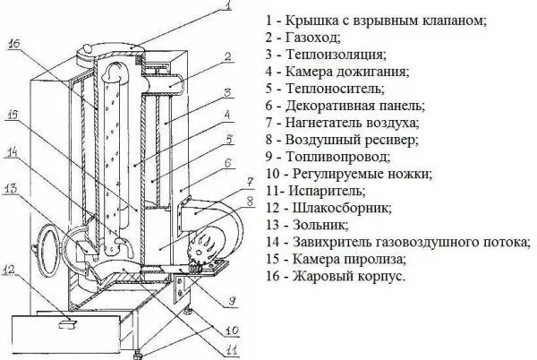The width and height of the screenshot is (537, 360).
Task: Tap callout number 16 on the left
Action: (x=16, y=41)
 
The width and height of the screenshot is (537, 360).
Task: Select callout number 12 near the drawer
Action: (x=10, y=269)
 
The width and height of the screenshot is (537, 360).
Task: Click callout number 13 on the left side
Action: (x=10, y=188)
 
